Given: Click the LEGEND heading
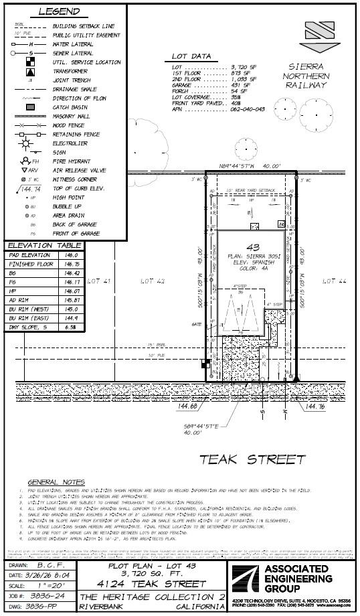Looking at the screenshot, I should pos(60,11).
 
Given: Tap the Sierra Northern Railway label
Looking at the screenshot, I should pos(309,76).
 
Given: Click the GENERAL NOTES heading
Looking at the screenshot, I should pos(60,482).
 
